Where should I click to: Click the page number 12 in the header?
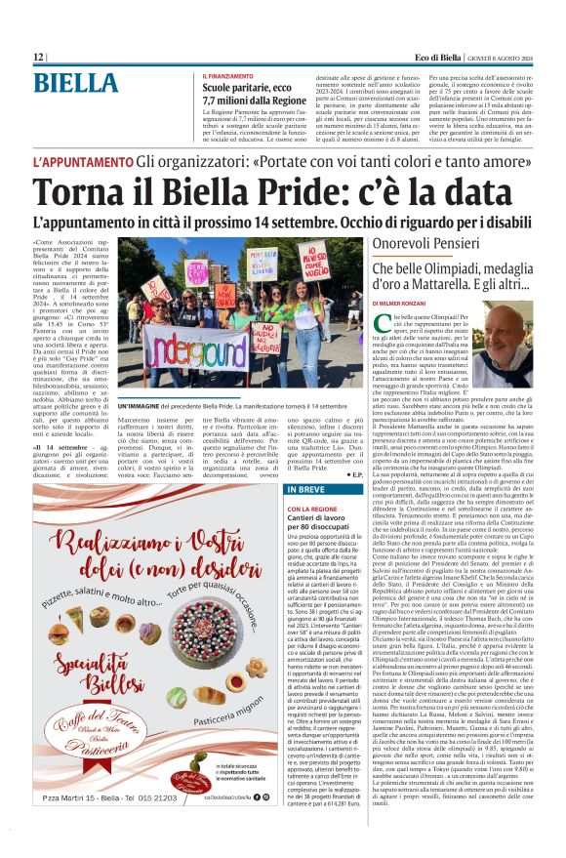(38, 59)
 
